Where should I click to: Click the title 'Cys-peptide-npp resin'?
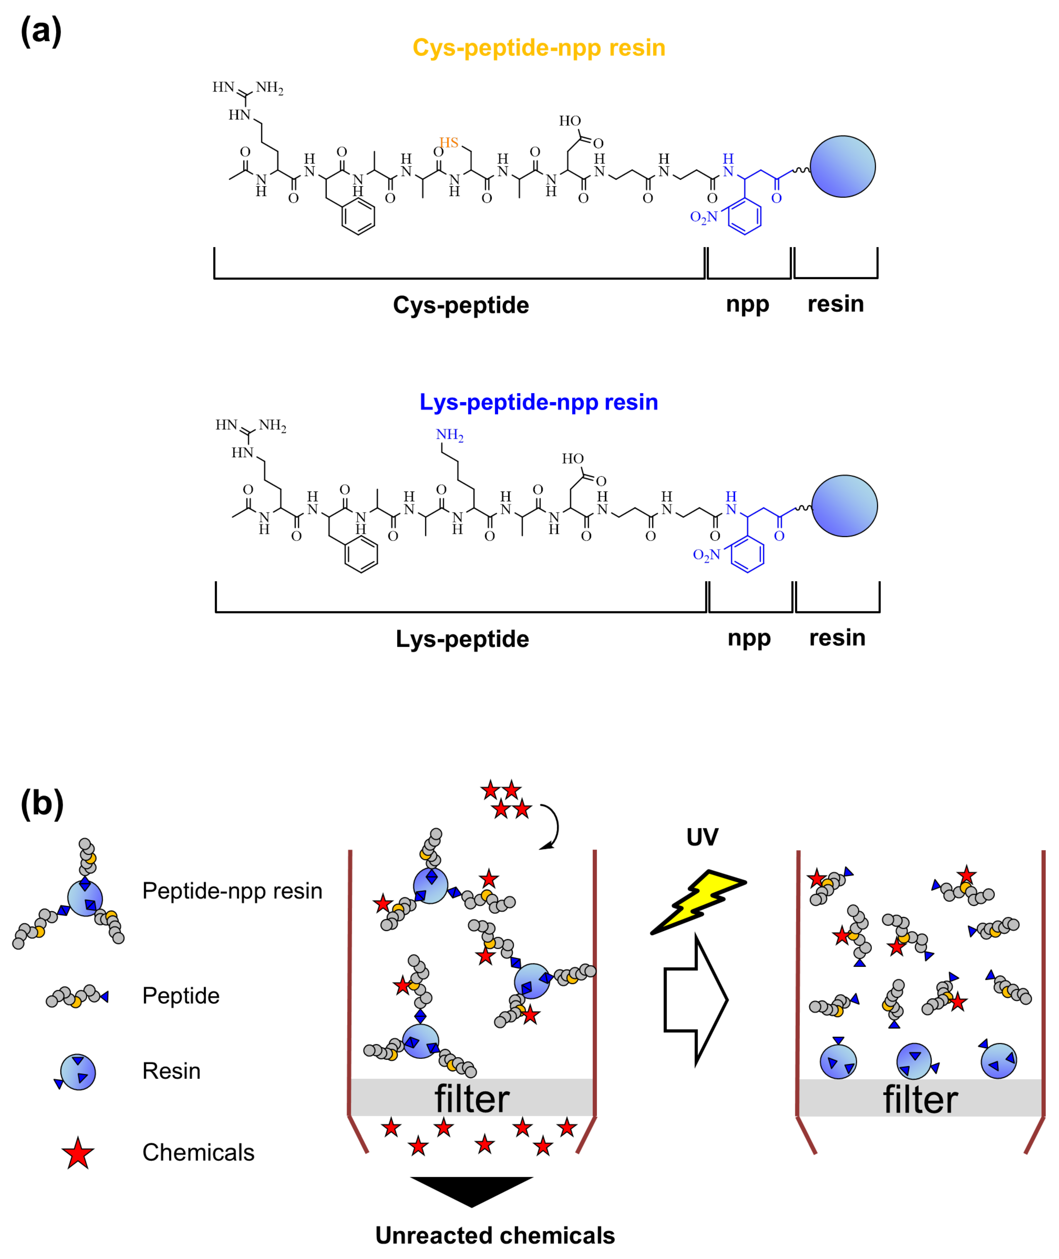click(x=539, y=48)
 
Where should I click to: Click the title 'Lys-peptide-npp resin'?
click(x=539, y=402)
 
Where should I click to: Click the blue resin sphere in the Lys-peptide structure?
click(x=844, y=506)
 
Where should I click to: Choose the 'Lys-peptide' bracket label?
click(x=462, y=639)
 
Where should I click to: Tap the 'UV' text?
click(x=702, y=837)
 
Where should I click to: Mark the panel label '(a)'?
click(x=41, y=31)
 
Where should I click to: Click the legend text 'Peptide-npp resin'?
click(x=232, y=891)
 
